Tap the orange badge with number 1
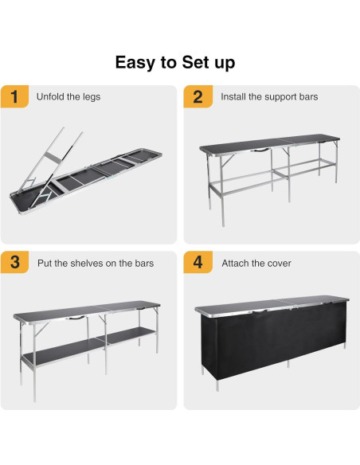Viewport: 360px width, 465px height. [x=14, y=97]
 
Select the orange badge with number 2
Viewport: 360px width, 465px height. [x=198, y=97]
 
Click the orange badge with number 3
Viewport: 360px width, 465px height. [x=14, y=264]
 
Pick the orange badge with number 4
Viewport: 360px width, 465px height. [x=198, y=264]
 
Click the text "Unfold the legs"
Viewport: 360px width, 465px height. [x=68, y=97]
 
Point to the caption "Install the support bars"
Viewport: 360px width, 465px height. [x=269, y=97]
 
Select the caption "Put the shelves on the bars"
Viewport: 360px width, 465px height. [x=96, y=264]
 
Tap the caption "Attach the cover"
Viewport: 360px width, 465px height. [x=256, y=264]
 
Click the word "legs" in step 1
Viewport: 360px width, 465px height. [x=91, y=97]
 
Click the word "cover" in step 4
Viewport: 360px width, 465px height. [x=279, y=264]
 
